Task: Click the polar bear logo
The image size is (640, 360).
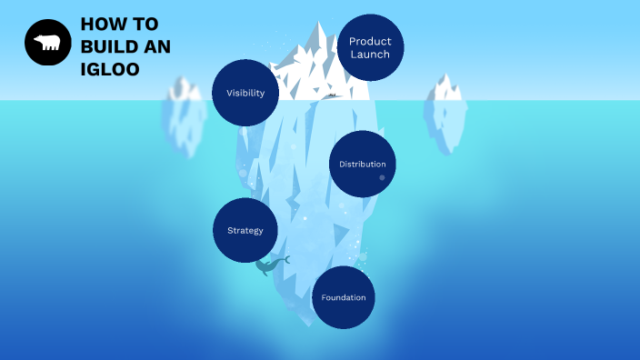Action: (x=47, y=43)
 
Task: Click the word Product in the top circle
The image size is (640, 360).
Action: (x=370, y=42)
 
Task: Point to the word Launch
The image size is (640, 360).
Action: (x=370, y=55)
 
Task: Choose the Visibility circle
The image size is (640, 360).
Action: (x=245, y=93)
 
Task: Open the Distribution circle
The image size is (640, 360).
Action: (x=363, y=164)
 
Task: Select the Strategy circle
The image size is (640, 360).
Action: (x=245, y=230)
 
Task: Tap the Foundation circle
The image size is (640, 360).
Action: (x=344, y=297)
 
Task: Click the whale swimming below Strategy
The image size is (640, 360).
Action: (x=269, y=265)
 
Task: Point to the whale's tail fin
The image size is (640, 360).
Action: (x=285, y=259)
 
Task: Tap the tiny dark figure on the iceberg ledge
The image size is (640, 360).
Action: (x=333, y=95)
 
